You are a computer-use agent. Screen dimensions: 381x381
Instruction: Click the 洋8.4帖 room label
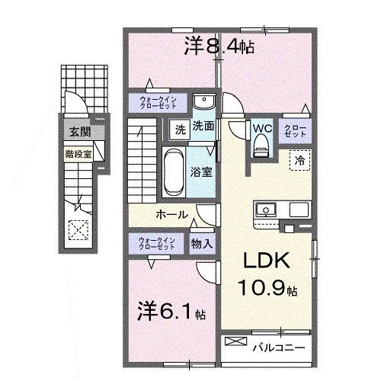click(x=219, y=47)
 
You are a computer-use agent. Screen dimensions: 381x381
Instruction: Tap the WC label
click(x=262, y=128)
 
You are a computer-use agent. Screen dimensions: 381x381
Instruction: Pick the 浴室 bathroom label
click(x=202, y=172)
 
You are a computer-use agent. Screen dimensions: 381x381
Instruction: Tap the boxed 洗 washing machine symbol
click(x=181, y=128)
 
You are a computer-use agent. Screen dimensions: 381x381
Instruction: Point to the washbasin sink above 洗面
click(x=203, y=104)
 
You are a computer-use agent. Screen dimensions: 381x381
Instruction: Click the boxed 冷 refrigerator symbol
click(x=299, y=160)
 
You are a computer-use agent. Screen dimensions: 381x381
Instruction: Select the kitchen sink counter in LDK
click(x=271, y=208)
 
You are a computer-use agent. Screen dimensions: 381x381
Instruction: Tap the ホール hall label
click(x=172, y=215)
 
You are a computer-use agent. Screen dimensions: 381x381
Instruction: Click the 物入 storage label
click(x=201, y=244)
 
